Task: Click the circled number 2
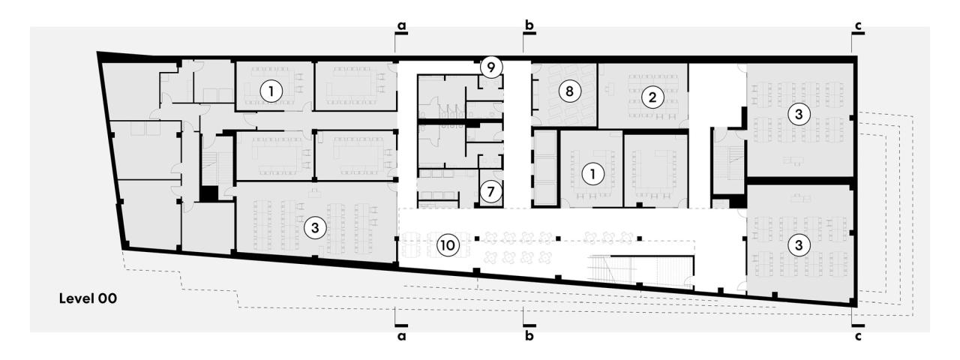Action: (652, 97)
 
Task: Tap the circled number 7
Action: (490, 191)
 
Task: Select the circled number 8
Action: (569, 91)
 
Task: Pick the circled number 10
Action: (448, 245)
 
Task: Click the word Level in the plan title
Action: (77, 298)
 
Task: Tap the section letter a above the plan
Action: (402, 25)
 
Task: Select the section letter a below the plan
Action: (402, 337)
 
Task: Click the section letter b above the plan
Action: (529, 25)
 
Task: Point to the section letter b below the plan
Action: (529, 337)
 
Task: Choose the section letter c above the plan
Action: (858, 25)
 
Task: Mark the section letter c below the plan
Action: (858, 337)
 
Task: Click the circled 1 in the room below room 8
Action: (593, 173)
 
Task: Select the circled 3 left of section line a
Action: (316, 228)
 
